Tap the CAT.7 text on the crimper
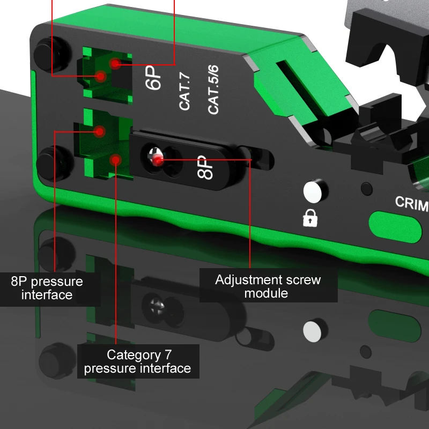click(x=185, y=94)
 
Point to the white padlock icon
click(x=310, y=217)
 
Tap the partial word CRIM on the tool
click(x=411, y=203)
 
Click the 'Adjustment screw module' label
click(x=268, y=286)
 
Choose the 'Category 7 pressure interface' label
click(x=138, y=361)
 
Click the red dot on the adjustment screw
click(x=157, y=160)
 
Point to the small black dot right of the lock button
click(x=367, y=189)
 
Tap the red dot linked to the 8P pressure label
click(x=99, y=130)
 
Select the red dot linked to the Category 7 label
click(x=115, y=159)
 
